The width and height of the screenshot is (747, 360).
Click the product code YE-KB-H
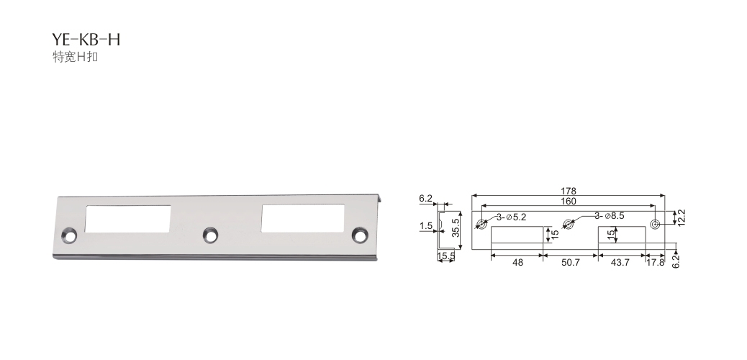point(86,40)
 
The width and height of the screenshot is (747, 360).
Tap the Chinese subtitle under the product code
point(76,57)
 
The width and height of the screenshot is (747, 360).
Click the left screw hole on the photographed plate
point(70,235)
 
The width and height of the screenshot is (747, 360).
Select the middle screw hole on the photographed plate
point(210,235)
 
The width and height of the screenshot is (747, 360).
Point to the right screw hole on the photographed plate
point(360,235)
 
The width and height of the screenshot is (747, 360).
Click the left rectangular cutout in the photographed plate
point(128,219)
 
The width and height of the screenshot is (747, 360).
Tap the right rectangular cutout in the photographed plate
point(303,218)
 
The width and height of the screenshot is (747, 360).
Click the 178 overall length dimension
point(569,192)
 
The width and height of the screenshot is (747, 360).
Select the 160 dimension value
point(569,201)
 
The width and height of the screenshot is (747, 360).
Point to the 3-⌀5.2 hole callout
point(511,217)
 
